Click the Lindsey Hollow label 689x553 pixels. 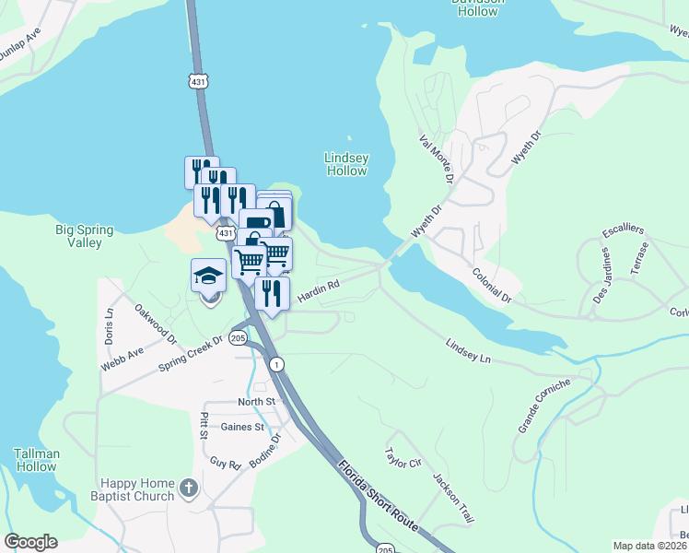pos(346,164)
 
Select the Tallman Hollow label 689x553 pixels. pos(37,460)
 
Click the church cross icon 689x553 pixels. pos(189,488)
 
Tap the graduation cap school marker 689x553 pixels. pos(209,276)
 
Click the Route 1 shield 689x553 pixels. pos(275,365)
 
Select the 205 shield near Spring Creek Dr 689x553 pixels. pos(239,338)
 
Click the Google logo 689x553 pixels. pos(30,542)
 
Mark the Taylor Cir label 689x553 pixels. pos(403,457)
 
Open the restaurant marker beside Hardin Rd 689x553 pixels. pos(272,294)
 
